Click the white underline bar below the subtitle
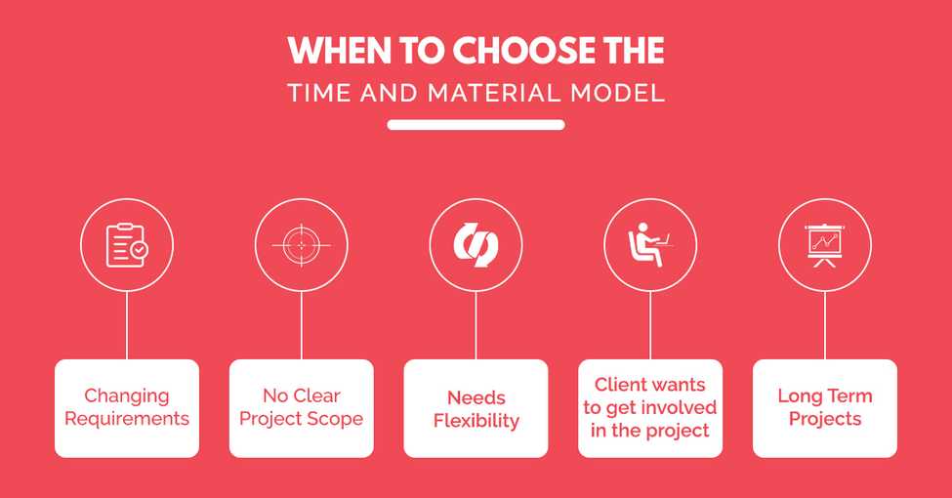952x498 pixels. (x=476, y=125)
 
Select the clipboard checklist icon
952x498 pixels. (x=127, y=245)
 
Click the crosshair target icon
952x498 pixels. (x=301, y=245)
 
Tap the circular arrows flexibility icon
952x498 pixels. (x=476, y=245)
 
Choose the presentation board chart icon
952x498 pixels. (x=825, y=245)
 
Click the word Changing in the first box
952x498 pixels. (x=126, y=396)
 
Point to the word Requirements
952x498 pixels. (x=126, y=419)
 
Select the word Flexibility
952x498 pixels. (x=476, y=422)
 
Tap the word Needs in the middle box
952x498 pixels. (x=476, y=397)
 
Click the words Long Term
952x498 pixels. (x=825, y=396)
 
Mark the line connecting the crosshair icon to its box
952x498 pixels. (x=301, y=325)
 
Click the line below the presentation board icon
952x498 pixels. (x=825, y=325)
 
